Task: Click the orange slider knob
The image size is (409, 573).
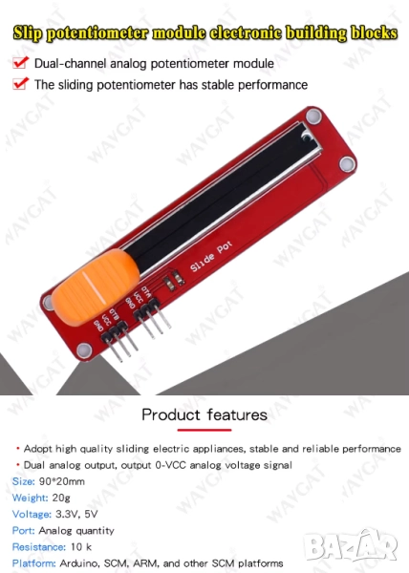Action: tap(96, 286)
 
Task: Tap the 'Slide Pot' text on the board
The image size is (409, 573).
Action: tap(211, 256)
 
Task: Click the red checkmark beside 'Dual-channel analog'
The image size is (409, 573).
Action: tap(20, 62)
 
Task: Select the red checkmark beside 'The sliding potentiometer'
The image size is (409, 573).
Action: tap(20, 84)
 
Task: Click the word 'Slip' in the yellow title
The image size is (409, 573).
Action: tap(28, 33)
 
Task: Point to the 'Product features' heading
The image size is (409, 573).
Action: tap(204, 414)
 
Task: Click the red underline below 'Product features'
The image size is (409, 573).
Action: tap(204, 430)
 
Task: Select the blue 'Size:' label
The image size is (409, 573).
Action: tap(23, 481)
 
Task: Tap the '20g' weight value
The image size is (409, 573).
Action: tap(61, 499)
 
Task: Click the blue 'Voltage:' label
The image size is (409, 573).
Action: tap(32, 514)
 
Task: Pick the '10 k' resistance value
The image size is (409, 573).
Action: tap(81, 546)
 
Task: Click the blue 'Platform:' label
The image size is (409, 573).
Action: tap(33, 563)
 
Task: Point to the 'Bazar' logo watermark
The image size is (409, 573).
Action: tap(351, 545)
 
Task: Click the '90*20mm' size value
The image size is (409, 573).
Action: tap(62, 481)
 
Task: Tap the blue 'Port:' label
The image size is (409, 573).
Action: tap(23, 530)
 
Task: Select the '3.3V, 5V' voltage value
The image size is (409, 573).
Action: tap(76, 514)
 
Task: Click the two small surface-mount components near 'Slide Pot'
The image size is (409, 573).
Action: tap(174, 280)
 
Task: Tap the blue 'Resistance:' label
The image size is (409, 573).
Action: tap(39, 546)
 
